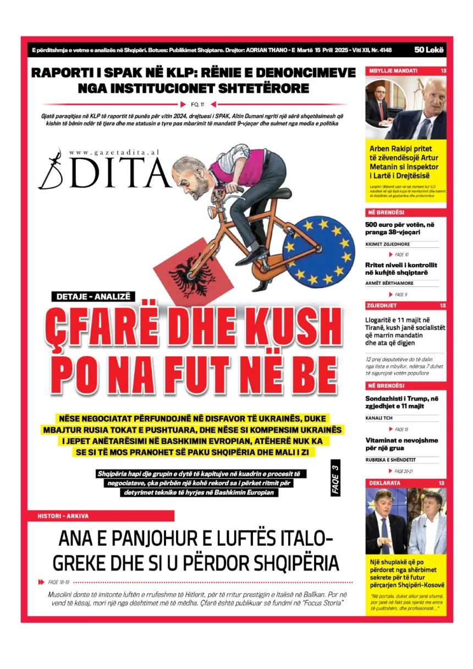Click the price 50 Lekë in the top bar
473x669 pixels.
pos(429,51)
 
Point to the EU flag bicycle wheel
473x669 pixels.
pos(319,251)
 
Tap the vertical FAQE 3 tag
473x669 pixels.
pos(335,477)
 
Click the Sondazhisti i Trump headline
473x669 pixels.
pos(402,402)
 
